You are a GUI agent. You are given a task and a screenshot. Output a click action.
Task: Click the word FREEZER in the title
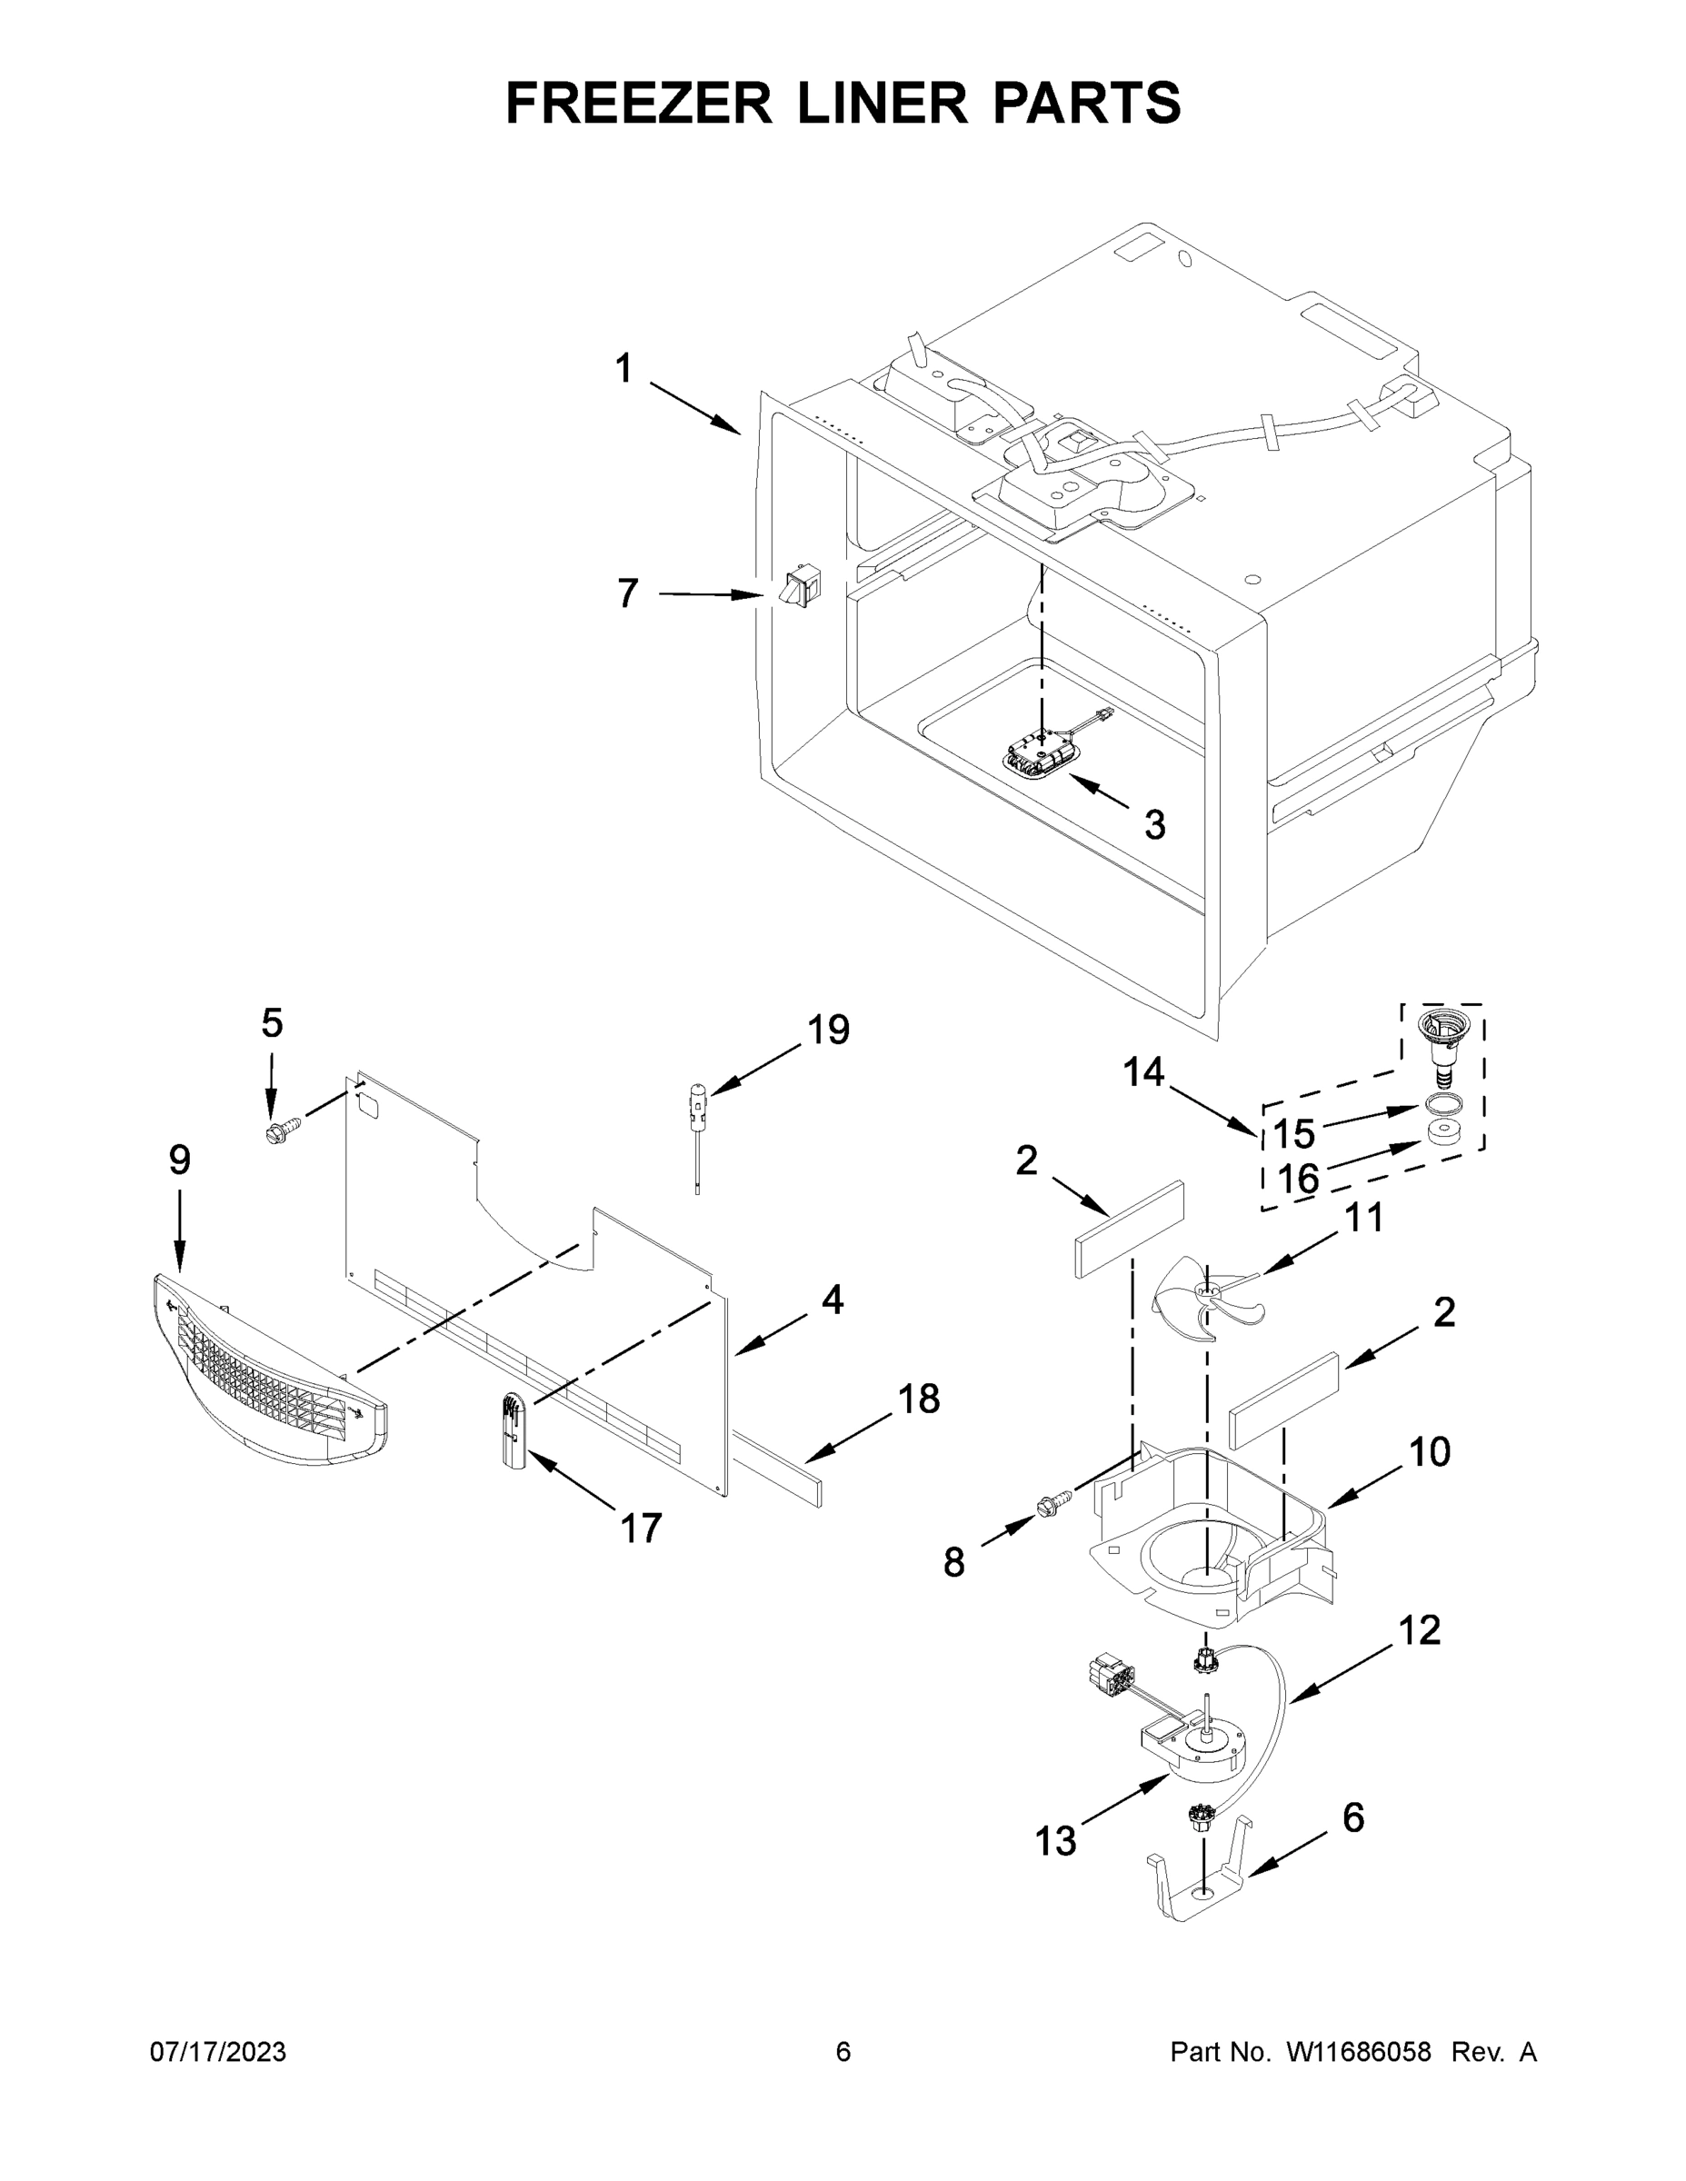(x=639, y=103)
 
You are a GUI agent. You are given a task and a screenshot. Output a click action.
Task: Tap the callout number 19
(x=828, y=1030)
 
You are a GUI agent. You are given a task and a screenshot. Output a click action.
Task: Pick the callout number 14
(x=1143, y=1072)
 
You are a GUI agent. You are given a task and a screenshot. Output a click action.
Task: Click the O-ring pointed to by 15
(x=1437, y=1104)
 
